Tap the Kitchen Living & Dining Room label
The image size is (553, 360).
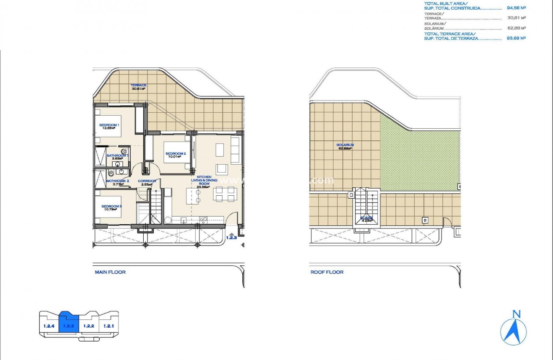click(204, 181)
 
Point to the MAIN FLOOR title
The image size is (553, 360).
click(110, 272)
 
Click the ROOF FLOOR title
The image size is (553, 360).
click(327, 272)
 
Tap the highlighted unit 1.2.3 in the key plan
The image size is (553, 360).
click(68, 325)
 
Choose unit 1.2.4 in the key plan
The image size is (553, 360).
click(49, 325)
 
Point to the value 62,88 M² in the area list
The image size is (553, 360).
click(516, 28)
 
